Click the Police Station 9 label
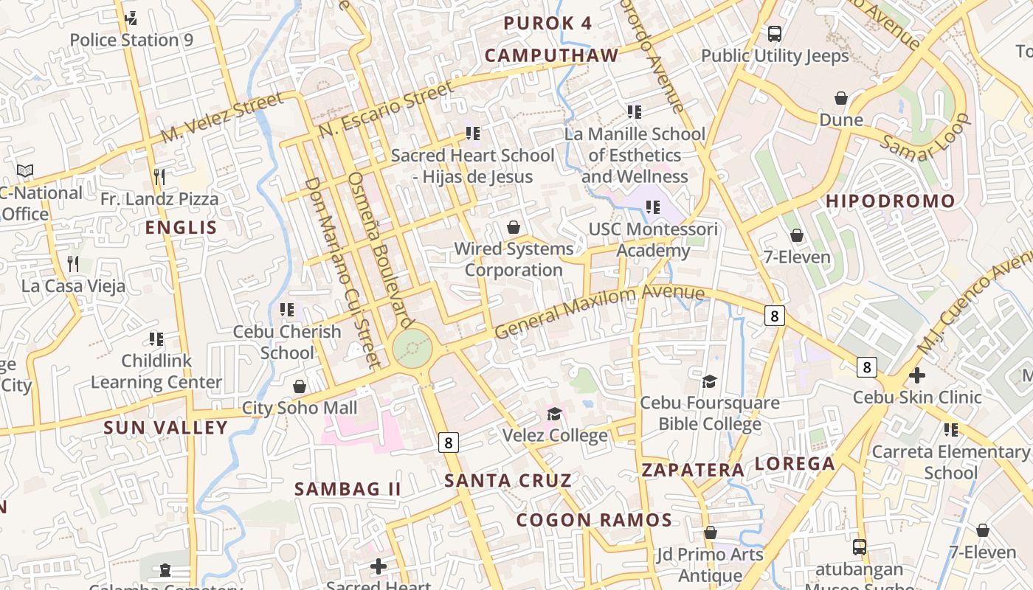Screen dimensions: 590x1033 pyautogui.click(x=131, y=40)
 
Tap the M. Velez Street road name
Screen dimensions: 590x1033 pyautogui.click(x=222, y=118)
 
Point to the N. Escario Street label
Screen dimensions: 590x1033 pyautogui.click(x=387, y=109)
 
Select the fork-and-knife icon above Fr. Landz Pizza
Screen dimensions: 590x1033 pyautogui.click(x=159, y=176)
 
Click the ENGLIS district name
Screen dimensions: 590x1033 pyautogui.click(x=182, y=227)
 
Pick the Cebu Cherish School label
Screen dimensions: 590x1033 pyautogui.click(x=287, y=342)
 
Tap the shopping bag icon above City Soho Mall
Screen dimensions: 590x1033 pyautogui.click(x=300, y=386)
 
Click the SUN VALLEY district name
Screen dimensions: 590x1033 pyautogui.click(x=166, y=428)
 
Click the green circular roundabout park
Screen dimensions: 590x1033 pyautogui.click(x=412, y=347)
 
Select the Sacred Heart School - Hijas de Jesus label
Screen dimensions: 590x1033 pyautogui.click(x=472, y=166)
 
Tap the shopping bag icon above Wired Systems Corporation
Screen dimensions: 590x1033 pyautogui.click(x=514, y=227)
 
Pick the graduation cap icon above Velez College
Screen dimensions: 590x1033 pyautogui.click(x=554, y=414)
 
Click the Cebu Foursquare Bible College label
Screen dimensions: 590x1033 pyautogui.click(x=709, y=413)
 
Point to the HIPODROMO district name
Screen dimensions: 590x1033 pyautogui.click(x=890, y=201)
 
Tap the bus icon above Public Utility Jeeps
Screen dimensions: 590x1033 pyautogui.click(x=775, y=33)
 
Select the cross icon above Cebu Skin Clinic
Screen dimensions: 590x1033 pyautogui.click(x=917, y=375)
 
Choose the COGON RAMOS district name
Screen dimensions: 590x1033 pyautogui.click(x=594, y=520)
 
